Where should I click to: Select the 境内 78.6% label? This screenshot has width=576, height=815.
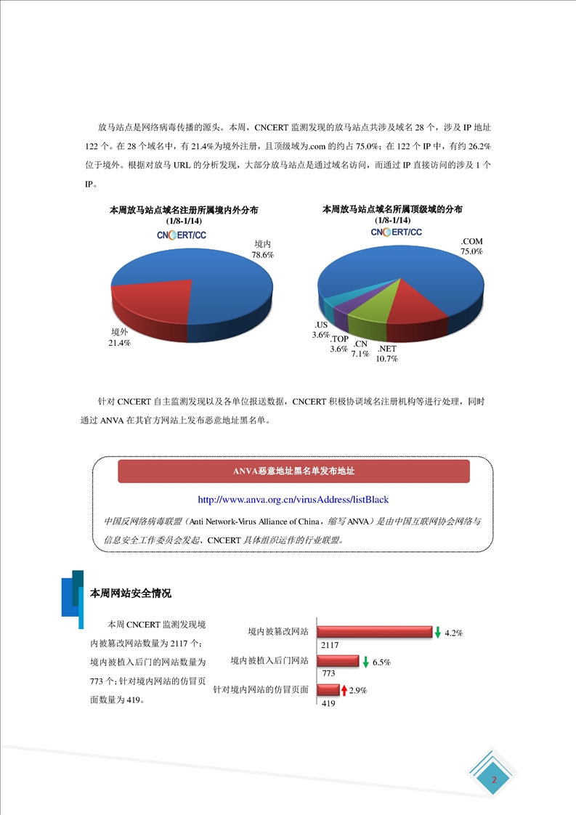click(x=262, y=249)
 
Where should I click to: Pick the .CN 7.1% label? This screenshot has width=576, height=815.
click(x=360, y=349)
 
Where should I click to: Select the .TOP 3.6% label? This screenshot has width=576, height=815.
click(x=339, y=344)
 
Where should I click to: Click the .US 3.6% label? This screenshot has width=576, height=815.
click(x=321, y=330)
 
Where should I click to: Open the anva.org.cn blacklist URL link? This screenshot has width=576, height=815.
click(x=293, y=500)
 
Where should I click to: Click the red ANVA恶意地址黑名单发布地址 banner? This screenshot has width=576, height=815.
click(x=293, y=471)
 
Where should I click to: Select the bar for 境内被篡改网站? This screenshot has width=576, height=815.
click(x=374, y=633)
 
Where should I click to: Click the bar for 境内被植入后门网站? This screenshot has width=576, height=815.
click(x=338, y=662)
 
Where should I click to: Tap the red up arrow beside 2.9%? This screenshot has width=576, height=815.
click(x=344, y=690)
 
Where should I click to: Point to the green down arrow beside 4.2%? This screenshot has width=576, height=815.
click(x=438, y=633)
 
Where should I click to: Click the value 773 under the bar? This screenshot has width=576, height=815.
click(x=328, y=674)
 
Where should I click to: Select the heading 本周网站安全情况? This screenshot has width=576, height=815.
click(x=130, y=593)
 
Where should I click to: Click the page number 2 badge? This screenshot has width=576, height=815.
click(x=494, y=781)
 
